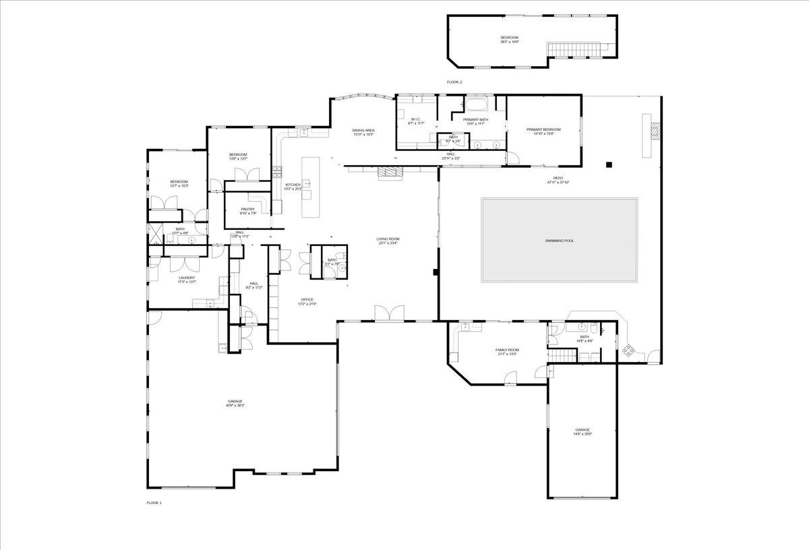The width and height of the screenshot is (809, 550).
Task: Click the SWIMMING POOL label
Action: pyautogui.click(x=559, y=241)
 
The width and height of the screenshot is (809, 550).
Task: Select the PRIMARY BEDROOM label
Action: pyautogui.click(x=543, y=131)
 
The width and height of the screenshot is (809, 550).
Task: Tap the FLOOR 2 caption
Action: pyautogui.click(x=454, y=82)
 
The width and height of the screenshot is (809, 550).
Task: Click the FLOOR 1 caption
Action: pyautogui.click(x=154, y=503)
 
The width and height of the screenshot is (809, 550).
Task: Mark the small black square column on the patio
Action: pyautogui.click(x=609, y=164)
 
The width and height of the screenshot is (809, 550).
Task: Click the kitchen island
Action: pyautogui.click(x=309, y=187)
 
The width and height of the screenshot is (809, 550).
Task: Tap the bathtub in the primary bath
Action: pyautogui.click(x=478, y=105)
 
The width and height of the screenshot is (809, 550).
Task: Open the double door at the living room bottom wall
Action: pyautogui.click(x=389, y=313)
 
